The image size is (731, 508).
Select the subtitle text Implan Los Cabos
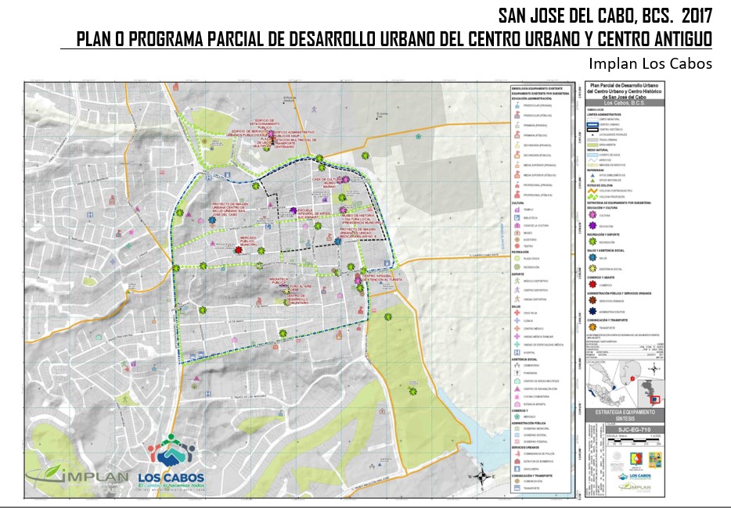click(x=651, y=63)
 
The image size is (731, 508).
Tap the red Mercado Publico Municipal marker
click(x=239, y=250)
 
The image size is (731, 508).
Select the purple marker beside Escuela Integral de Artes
click(x=293, y=211)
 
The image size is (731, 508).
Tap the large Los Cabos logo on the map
click(x=171, y=461)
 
